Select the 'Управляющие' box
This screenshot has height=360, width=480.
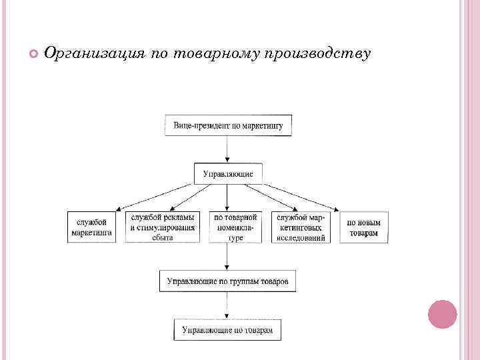coord(227,173)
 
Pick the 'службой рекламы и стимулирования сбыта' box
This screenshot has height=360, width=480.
coord(163,227)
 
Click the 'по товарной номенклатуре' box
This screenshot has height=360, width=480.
coord(235,227)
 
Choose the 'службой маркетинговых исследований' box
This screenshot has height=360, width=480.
coord(300,227)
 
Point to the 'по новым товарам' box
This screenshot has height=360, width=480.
coord(363,227)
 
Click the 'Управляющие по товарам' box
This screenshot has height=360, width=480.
coord(227,329)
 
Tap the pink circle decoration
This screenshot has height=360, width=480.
coord(442,314)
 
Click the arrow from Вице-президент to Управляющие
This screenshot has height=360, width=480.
coord(227,150)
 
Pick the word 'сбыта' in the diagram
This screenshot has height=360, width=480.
coord(163,237)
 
